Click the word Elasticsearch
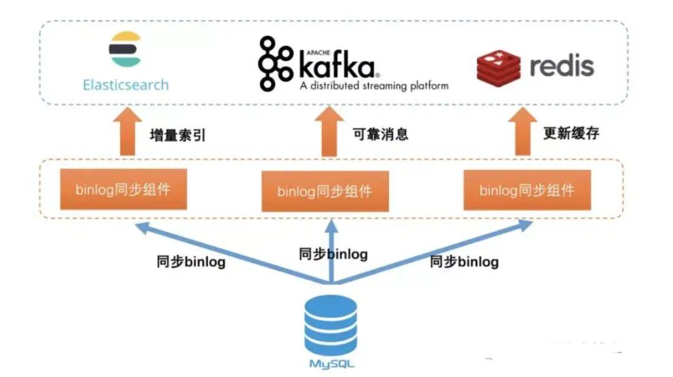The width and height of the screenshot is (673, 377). click(126, 84)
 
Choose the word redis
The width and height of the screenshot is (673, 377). click(561, 65)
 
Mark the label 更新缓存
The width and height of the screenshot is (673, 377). click(573, 133)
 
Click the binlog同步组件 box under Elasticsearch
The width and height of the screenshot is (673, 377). click(123, 189)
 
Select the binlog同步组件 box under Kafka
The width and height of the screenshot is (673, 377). click(325, 191)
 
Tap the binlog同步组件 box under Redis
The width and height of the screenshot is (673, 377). click(527, 190)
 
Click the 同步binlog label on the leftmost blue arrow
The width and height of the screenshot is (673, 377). click(191, 262)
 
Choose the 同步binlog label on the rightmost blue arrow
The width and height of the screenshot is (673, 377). click(464, 262)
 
